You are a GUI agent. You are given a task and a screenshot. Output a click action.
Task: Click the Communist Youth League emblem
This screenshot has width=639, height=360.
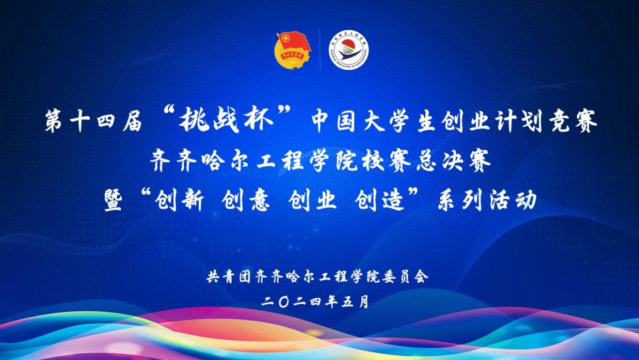click(292, 51)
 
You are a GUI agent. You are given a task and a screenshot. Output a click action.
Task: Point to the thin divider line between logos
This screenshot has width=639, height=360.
click(320, 50)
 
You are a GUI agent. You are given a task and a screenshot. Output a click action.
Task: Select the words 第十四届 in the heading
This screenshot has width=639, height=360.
click(94, 121)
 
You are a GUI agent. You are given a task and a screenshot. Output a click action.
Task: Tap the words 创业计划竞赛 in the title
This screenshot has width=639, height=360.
click(519, 121)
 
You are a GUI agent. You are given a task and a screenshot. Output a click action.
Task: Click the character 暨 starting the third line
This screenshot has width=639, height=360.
click(113, 201)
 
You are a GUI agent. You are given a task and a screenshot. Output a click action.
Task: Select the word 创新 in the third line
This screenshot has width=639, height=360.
click(180, 201)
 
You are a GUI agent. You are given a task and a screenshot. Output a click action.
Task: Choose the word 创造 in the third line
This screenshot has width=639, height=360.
click(380, 201)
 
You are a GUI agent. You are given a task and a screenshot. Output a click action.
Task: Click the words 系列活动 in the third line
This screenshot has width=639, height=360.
click(487, 201)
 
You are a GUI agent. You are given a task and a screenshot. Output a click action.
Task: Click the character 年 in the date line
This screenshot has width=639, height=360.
click(332, 302)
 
